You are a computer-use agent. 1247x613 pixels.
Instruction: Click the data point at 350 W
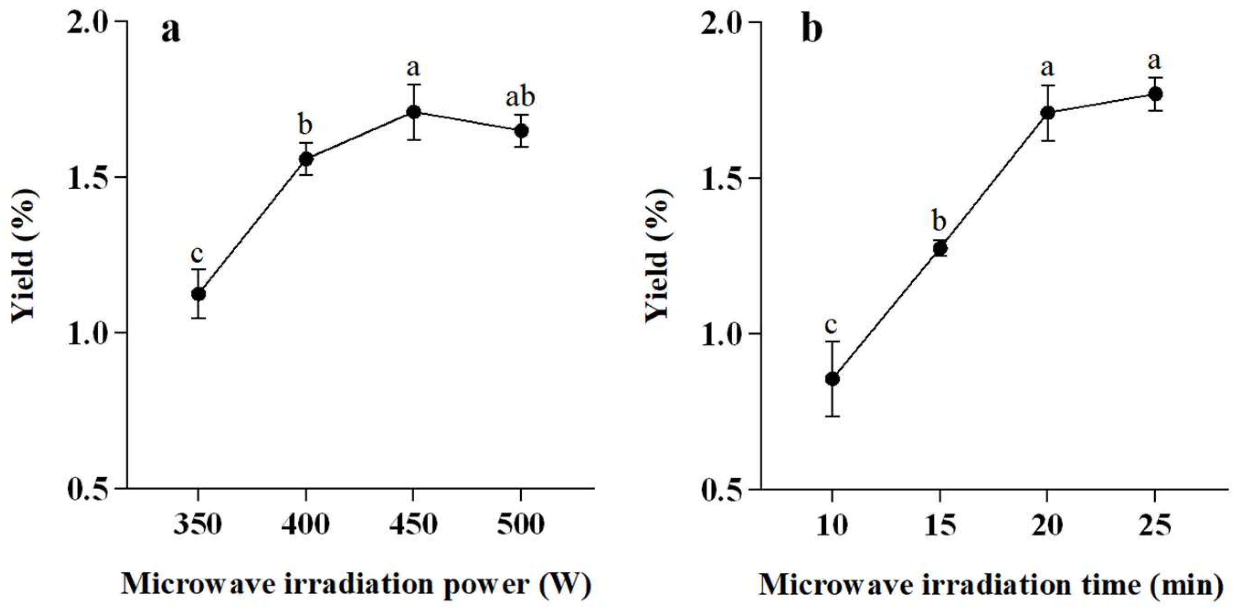[x=198, y=294]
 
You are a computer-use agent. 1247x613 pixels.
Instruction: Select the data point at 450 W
[x=413, y=112]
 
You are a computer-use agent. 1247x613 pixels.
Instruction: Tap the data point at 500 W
[x=521, y=130]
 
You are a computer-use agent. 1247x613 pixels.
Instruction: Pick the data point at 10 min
[x=832, y=379]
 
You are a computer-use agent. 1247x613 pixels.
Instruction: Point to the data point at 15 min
[x=940, y=248]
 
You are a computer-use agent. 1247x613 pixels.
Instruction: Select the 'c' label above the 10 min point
[x=831, y=325]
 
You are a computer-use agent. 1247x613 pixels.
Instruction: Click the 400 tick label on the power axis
[x=306, y=525]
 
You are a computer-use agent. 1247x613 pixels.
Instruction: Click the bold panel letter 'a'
[x=170, y=31]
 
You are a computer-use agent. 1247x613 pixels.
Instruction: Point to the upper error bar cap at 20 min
[x=1047, y=85]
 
